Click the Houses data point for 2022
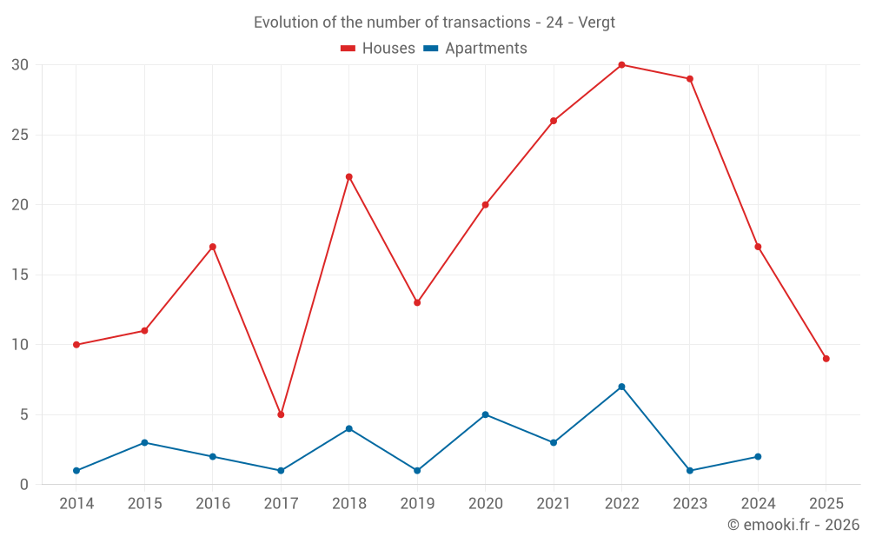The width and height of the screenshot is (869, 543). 621,65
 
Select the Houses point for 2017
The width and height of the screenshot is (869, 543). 281,414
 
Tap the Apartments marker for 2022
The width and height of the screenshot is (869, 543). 621,387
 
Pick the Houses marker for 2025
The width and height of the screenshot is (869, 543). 826,359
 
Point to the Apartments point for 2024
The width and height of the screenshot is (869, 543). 758,457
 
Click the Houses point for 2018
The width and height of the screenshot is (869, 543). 349,177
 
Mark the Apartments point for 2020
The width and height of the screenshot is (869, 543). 485,414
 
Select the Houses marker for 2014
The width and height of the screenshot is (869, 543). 76,345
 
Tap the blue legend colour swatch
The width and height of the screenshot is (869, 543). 430,49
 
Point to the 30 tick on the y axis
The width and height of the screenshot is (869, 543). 20,65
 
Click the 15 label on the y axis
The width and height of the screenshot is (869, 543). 20,275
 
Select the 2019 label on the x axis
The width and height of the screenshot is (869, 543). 417,504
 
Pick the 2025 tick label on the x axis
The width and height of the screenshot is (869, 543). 826,504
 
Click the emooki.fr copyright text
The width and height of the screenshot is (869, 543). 793,525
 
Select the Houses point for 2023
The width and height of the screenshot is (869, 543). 690,79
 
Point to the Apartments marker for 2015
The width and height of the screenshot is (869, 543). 144,442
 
